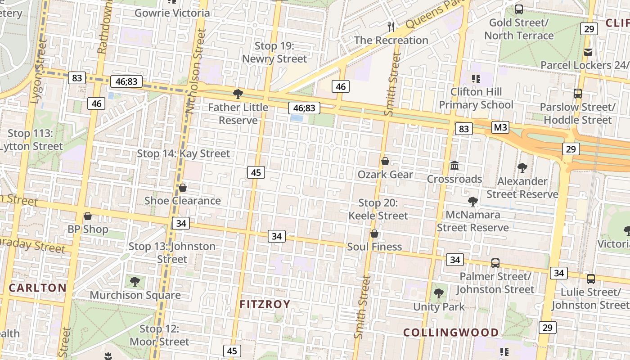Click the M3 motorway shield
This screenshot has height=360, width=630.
point(500,127)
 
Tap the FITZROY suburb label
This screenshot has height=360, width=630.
point(265,304)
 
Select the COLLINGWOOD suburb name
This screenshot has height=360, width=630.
point(450,333)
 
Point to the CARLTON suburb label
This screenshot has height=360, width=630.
point(37,288)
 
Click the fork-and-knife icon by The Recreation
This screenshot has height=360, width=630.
point(391,27)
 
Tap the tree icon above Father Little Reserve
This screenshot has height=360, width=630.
point(238,94)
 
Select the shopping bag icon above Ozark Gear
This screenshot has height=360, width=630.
point(385,161)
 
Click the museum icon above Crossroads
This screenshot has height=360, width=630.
point(454,166)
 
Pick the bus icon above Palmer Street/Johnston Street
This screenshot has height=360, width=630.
point(495,263)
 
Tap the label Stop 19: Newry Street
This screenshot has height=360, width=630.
point(274,52)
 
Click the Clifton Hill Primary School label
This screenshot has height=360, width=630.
point(476,99)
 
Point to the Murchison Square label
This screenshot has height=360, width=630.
point(135,295)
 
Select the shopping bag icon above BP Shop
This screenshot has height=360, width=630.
point(88,216)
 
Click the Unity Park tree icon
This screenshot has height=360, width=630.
point(439,294)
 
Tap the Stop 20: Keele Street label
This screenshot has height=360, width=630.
point(378,209)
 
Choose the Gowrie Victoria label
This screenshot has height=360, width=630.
point(172,13)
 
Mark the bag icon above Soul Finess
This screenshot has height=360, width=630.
point(374,234)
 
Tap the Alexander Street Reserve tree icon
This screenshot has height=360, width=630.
point(522,168)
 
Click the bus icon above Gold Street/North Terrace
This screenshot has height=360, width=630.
point(519,9)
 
